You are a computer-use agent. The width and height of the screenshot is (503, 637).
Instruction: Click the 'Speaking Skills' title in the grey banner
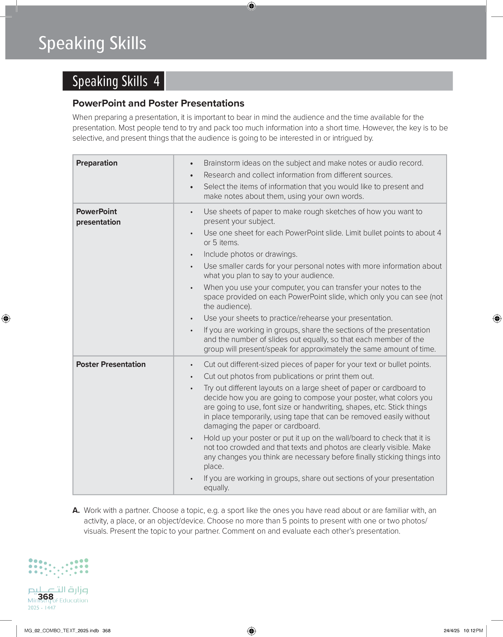(92, 43)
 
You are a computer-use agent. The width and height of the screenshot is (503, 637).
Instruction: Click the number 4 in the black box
(156, 81)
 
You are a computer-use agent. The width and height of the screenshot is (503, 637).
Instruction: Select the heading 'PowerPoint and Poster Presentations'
(158, 103)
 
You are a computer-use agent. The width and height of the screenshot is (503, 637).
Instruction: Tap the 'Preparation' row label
(97, 163)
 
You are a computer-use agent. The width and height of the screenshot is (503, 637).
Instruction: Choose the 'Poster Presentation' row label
(111, 364)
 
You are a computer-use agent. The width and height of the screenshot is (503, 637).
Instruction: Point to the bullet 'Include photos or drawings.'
(250, 254)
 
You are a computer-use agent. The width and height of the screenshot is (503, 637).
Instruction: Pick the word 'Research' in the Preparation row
(219, 175)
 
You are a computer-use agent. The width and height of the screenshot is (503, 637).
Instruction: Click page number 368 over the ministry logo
(46, 596)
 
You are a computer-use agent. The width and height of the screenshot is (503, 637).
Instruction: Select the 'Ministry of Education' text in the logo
(58, 601)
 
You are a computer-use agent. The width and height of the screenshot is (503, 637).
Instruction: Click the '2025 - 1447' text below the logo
(41, 608)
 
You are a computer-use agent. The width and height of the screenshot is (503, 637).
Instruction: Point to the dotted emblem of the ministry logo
(58, 567)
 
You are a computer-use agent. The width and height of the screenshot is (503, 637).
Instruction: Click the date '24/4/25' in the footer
(451, 630)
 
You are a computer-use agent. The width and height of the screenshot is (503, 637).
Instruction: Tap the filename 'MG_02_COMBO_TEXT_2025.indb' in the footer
(61, 630)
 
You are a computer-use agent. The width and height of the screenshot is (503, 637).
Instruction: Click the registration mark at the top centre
(251, 6)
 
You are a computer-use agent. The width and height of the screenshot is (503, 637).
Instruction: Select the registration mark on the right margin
(497, 318)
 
